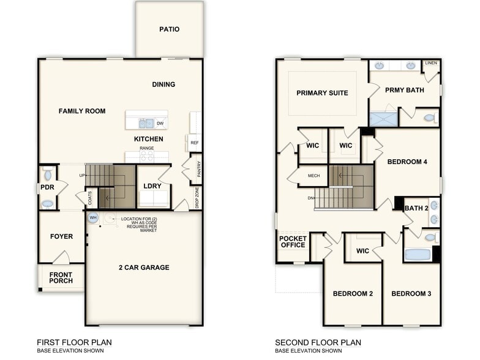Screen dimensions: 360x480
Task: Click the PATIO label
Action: click(x=169, y=29)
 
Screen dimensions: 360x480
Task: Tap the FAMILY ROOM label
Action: click(x=82, y=111)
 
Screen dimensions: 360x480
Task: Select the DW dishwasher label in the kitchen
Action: click(x=160, y=124)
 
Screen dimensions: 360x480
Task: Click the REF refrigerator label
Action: click(x=195, y=143)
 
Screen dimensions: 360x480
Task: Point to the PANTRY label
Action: click(x=199, y=170)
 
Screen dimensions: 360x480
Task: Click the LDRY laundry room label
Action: click(x=152, y=186)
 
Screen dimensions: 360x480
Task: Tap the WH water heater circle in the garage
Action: click(x=93, y=217)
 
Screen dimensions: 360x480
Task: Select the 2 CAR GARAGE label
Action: click(x=144, y=267)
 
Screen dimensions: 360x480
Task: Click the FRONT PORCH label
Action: click(x=61, y=278)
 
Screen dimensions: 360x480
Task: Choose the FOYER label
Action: click(x=61, y=236)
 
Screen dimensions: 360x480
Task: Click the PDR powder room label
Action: click(x=48, y=189)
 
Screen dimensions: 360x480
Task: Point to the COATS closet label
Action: click(x=89, y=198)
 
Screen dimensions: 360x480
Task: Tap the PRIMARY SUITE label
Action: click(x=322, y=93)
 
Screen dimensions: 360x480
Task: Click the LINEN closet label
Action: click(x=431, y=63)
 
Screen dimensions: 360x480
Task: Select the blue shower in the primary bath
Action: click(x=383, y=118)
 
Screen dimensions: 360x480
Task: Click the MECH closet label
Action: click(x=313, y=176)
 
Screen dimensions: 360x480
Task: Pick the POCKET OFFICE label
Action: click(x=292, y=241)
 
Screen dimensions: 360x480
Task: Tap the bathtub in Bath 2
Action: click(x=418, y=254)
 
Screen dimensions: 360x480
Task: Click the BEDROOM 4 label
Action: click(x=407, y=162)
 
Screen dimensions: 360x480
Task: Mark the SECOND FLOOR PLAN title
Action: click(x=318, y=342)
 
